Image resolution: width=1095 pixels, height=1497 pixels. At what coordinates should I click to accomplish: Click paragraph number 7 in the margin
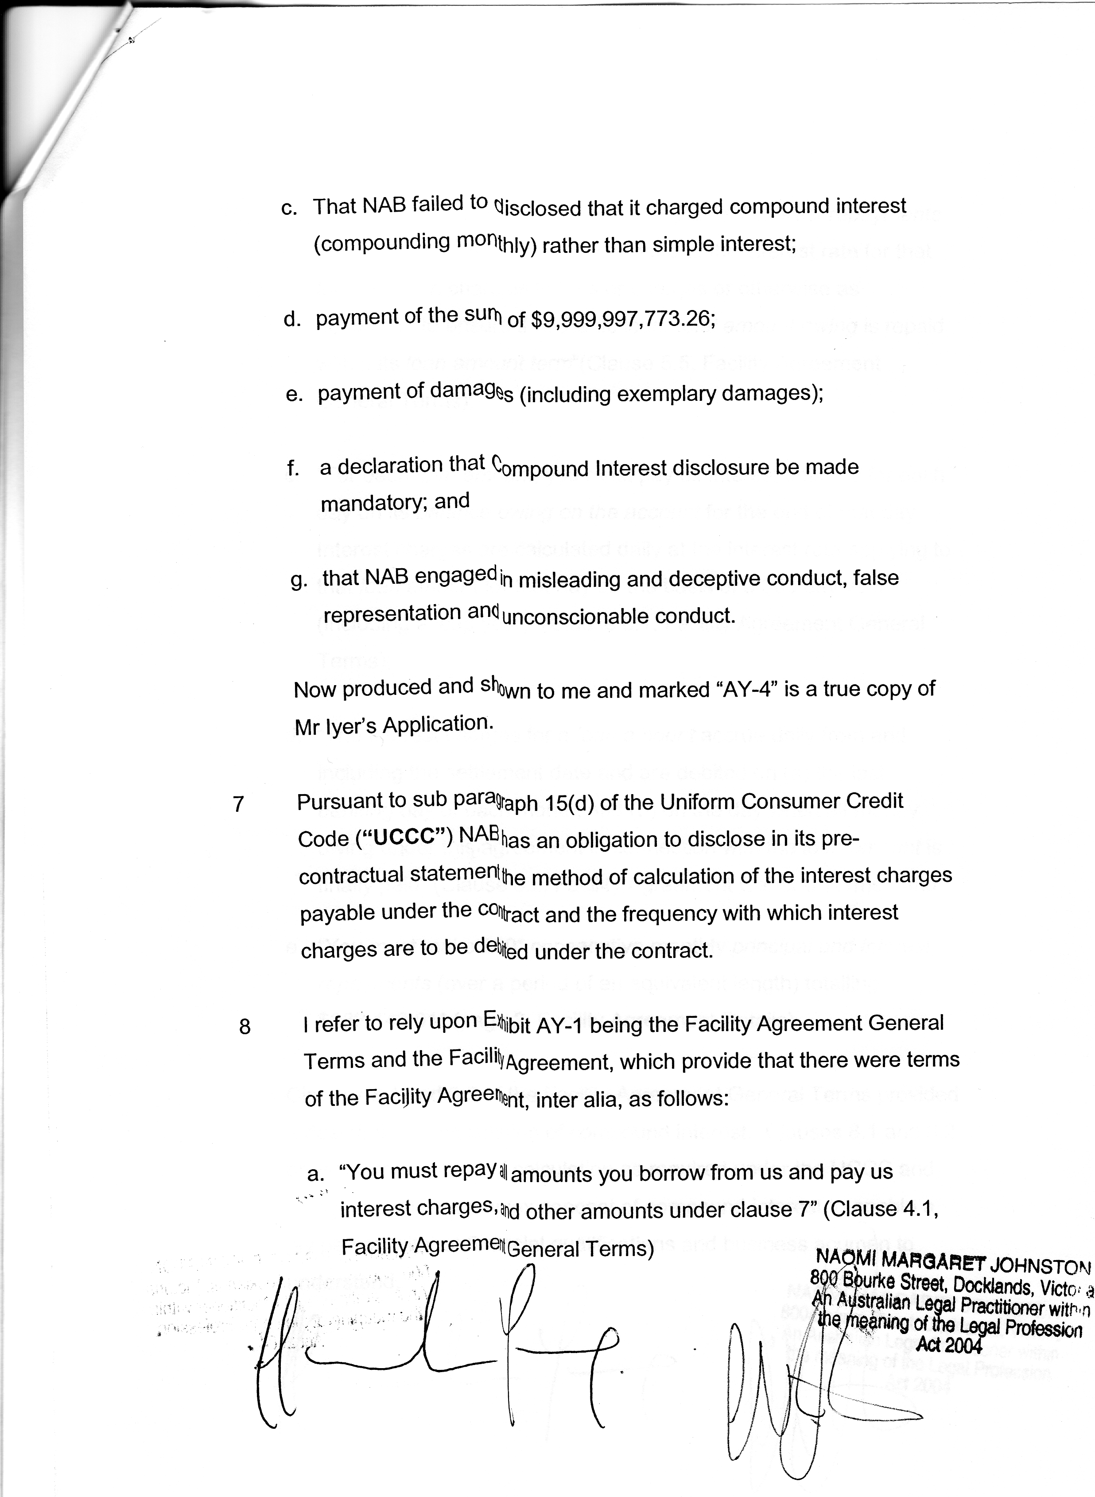pyautogui.click(x=239, y=804)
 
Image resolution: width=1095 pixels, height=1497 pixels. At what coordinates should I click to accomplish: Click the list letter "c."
pyautogui.click(x=290, y=208)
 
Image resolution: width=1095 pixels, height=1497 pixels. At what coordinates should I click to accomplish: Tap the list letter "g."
pyautogui.click(x=299, y=581)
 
